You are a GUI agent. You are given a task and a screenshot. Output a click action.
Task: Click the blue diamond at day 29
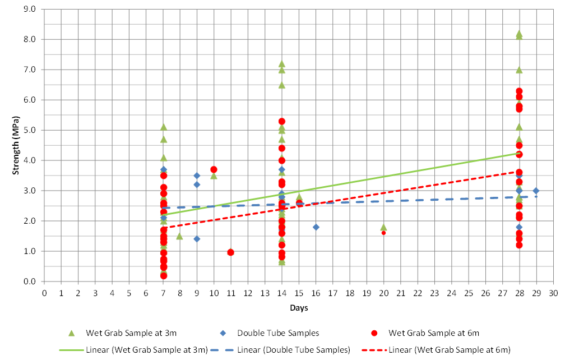536,191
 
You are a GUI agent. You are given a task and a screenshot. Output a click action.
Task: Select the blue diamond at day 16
316,227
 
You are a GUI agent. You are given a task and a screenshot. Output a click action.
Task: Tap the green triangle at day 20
383,227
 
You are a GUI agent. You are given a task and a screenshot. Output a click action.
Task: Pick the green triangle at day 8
179,236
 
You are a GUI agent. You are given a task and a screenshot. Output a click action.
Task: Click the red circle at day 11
230,252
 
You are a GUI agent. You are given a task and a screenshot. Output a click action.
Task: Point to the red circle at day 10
214,169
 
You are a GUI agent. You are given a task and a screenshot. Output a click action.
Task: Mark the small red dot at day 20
383,233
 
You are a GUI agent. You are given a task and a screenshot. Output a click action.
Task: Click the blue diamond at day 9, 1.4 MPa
197,239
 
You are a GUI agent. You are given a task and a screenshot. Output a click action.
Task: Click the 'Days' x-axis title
298,308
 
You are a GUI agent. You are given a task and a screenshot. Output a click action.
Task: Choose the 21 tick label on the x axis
400,293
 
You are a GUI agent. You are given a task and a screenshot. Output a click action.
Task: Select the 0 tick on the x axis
44,293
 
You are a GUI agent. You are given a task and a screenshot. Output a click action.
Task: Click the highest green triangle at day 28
519,34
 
